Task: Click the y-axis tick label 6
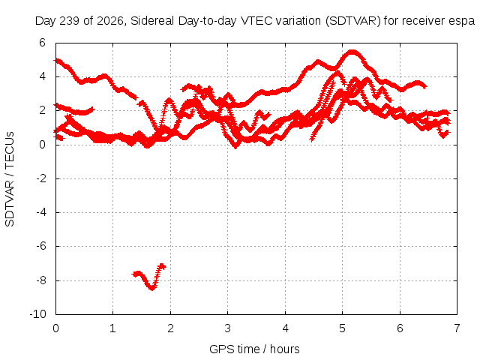[42, 43]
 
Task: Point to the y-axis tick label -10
[38, 314]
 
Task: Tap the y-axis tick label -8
[41, 280]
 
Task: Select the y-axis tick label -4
[41, 212]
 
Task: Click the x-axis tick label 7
[457, 328]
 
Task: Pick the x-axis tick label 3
[227, 328]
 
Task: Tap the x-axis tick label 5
[342, 328]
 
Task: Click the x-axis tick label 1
[113, 328]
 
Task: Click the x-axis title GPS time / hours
[254, 349]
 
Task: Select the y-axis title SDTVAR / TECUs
[10, 179]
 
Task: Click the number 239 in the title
[70, 21]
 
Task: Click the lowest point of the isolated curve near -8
[151, 288]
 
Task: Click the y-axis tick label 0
[42, 145]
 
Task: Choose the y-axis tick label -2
[41, 178]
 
